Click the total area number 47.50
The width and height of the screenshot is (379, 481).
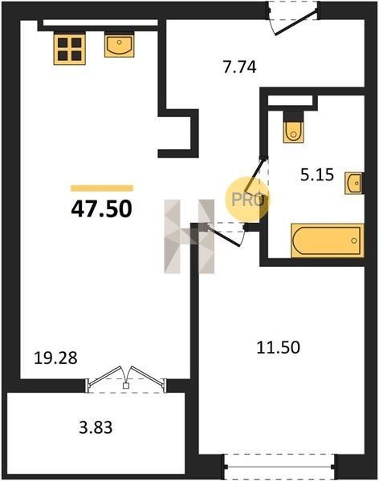[102, 209]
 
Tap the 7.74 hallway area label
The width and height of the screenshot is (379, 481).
[240, 67]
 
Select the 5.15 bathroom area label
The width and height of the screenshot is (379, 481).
[317, 176]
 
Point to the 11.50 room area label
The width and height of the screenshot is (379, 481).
[278, 348]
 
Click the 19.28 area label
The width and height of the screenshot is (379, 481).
[55, 358]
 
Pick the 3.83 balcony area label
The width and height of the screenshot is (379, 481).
[96, 427]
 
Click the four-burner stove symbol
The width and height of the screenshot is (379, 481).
[70, 48]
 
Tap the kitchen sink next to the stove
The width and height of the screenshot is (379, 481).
[120, 45]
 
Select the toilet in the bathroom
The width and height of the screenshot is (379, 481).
[294, 127]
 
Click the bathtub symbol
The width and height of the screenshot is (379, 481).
[328, 240]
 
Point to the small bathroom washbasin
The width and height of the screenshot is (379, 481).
[354, 183]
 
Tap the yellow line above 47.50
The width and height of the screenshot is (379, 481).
[102, 188]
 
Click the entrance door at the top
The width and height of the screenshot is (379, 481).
[292, 18]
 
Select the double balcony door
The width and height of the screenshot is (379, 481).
[126, 379]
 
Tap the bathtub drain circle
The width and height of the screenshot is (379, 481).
[354, 240]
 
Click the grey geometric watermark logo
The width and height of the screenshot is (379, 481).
[189, 236]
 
